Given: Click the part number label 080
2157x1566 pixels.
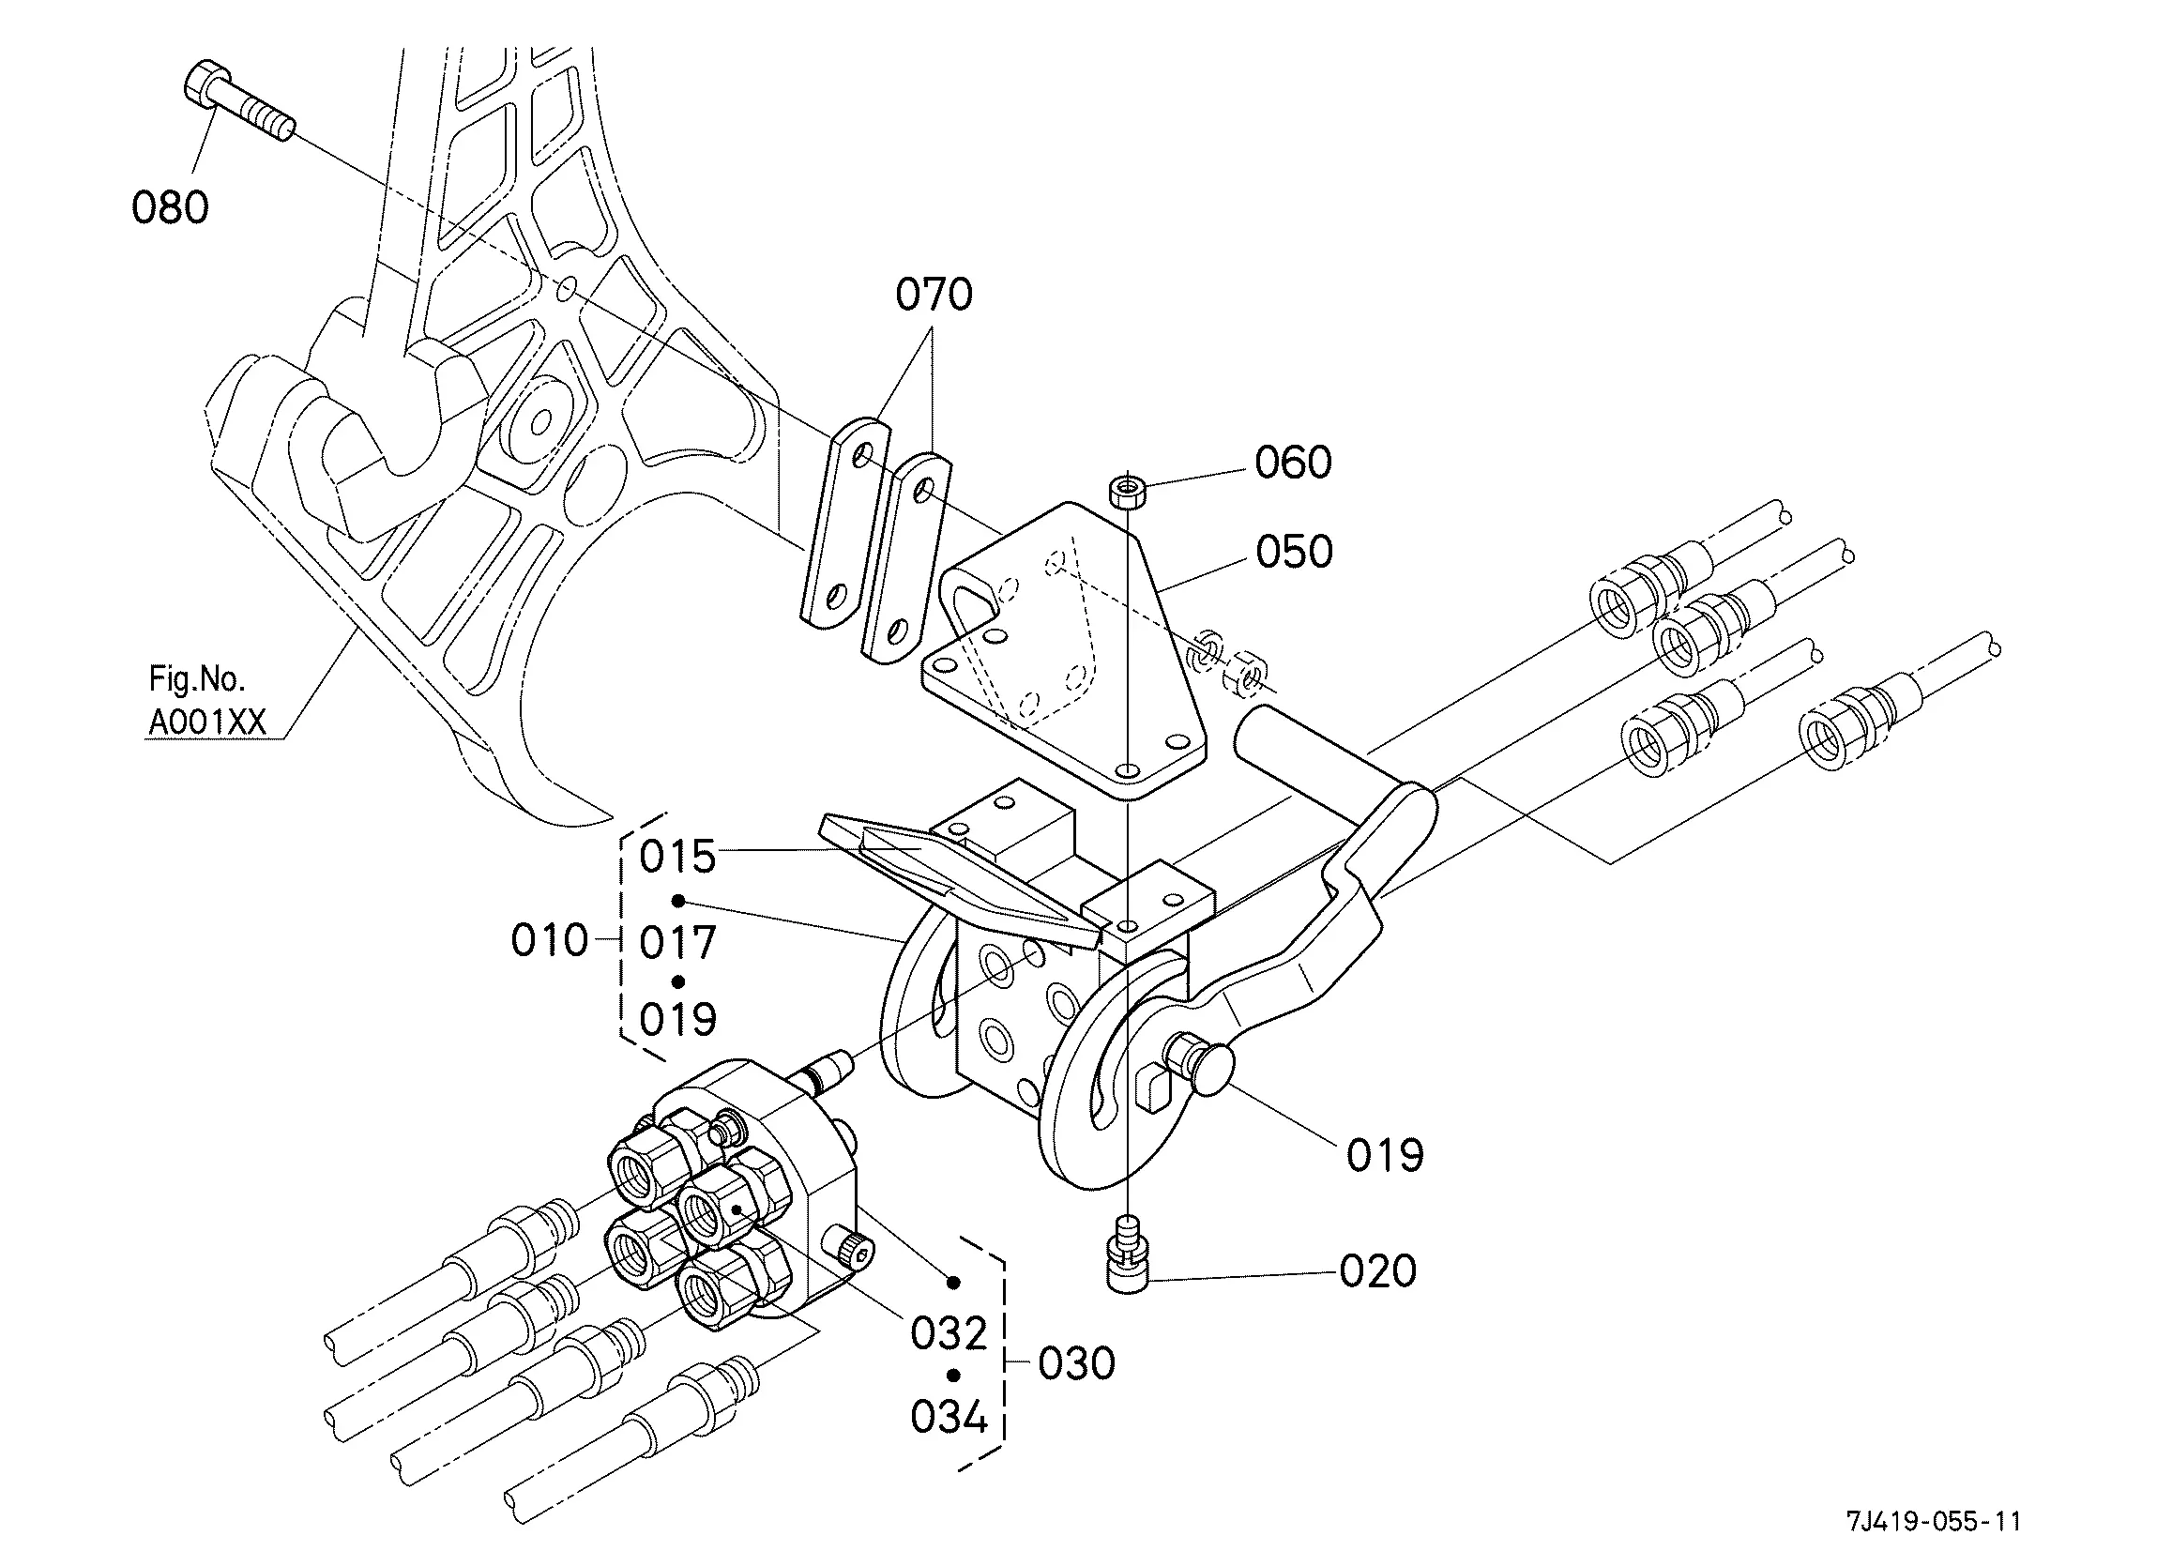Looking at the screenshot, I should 170,207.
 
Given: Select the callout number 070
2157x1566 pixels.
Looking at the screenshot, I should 934,295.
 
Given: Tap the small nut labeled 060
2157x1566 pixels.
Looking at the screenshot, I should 1127,493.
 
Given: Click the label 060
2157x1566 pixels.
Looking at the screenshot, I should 1294,464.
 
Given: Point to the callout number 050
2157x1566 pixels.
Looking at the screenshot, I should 1295,552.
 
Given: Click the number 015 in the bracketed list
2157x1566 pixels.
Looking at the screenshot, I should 677,858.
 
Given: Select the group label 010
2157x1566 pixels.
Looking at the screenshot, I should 550,941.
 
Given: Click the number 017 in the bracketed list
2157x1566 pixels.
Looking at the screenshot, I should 677,943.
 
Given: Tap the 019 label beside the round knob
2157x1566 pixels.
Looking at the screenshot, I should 1385,1156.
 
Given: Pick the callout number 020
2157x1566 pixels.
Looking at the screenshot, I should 1378,1271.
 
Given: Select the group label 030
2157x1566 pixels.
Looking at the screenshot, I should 1076,1363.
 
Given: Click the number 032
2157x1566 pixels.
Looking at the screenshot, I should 949,1334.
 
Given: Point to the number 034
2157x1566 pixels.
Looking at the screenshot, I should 949,1418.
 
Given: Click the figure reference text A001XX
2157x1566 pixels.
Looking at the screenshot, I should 206,723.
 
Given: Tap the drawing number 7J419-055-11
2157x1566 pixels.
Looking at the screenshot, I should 1934,1521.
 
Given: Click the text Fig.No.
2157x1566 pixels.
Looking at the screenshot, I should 197,678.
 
